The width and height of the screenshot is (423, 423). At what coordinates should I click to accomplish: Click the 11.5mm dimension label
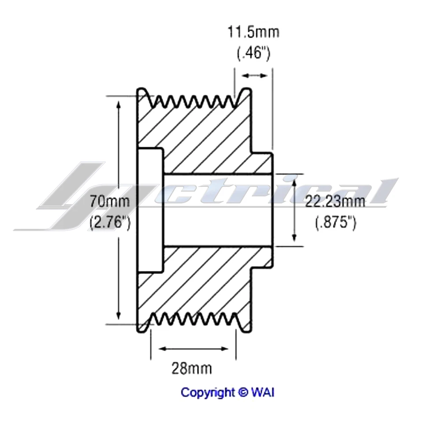click(253, 33)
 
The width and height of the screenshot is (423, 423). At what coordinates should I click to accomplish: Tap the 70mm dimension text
click(110, 202)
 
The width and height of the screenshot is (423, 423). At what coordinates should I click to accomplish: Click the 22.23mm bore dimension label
click(335, 202)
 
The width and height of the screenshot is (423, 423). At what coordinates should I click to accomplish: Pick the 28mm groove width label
click(191, 367)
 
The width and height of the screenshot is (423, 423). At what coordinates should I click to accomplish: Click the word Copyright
click(208, 392)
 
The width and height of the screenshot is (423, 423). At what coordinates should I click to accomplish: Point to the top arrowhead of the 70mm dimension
click(119, 104)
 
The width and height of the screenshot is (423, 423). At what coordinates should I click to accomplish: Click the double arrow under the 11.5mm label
click(255, 76)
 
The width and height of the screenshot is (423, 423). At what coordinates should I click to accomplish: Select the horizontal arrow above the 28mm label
click(193, 349)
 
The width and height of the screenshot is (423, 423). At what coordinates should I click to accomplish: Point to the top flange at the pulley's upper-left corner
click(142, 95)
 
